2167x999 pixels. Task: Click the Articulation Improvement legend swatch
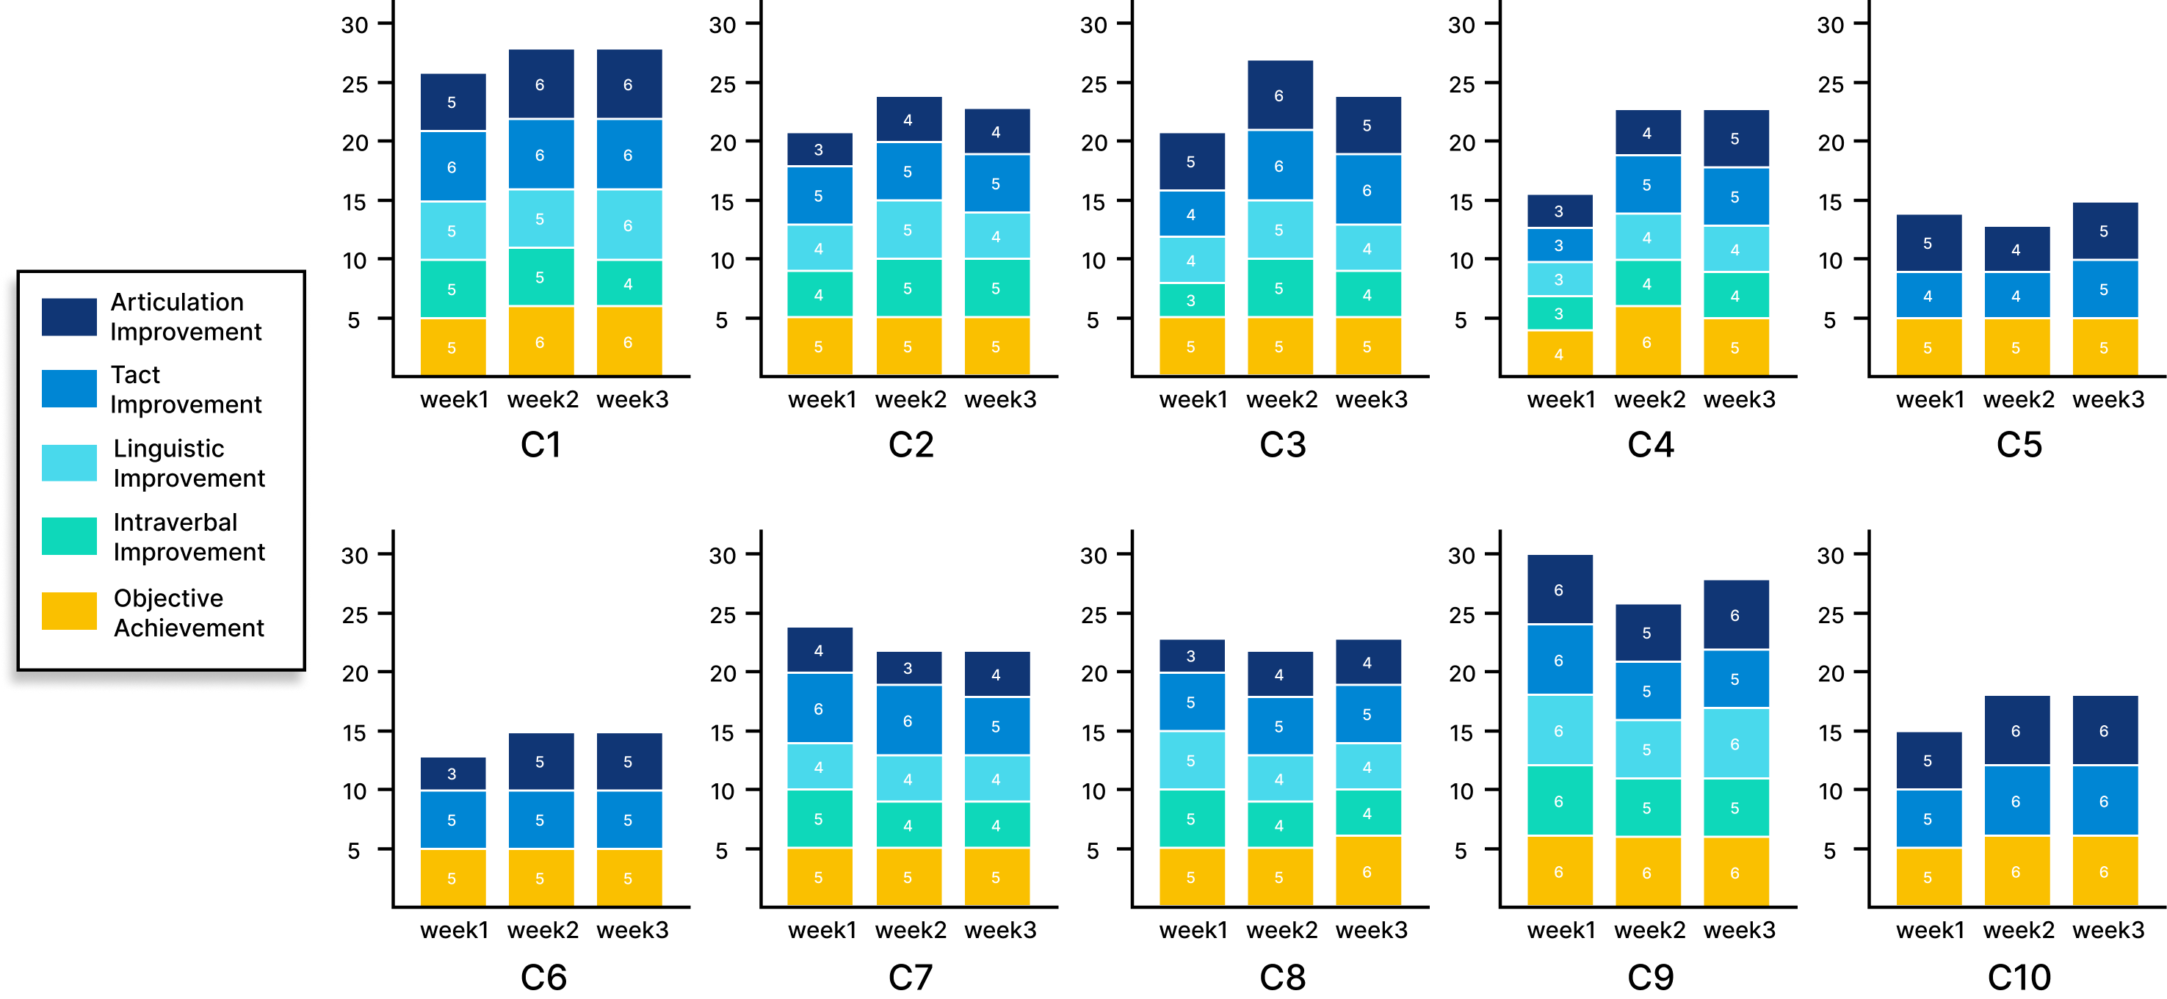pos(69,317)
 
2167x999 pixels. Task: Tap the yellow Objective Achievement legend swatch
pos(69,611)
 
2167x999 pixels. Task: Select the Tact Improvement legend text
pos(185,389)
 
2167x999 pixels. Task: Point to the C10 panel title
pos(2018,976)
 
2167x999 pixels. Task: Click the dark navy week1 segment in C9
pos(1560,589)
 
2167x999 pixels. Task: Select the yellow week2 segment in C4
pos(1647,341)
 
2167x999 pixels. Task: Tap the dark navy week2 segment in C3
pos(1279,95)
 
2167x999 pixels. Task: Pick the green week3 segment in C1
pos(629,283)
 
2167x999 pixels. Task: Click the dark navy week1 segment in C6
pos(452,774)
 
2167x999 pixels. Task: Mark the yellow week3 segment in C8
pos(1368,871)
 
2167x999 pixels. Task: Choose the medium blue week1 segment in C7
pos(820,708)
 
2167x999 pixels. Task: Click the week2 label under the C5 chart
pos(2018,399)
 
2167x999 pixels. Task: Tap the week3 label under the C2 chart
pos(1000,399)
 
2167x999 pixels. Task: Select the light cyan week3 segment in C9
pos(1735,744)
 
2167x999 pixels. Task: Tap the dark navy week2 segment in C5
pos(2016,249)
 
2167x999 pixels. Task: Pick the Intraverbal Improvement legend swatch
pos(69,537)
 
